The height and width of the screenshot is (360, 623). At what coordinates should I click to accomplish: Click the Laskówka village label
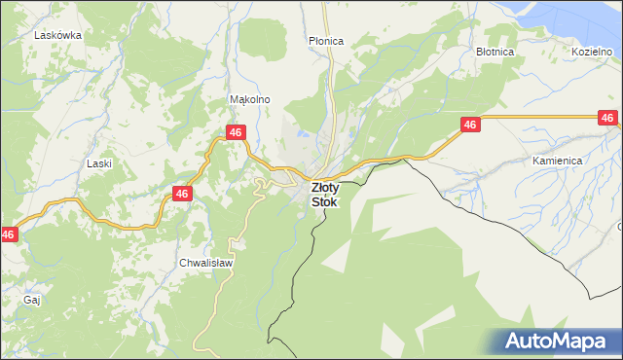(57, 34)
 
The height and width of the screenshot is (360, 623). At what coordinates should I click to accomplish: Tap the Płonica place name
(326, 41)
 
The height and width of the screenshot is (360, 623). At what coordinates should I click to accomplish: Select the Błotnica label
(495, 51)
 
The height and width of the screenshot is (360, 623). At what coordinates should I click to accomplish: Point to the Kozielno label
(593, 51)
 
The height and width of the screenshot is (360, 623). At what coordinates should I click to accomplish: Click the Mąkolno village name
(248, 99)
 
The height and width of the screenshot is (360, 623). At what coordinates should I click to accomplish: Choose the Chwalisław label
(203, 263)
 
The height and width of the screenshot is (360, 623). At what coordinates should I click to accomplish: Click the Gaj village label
(31, 300)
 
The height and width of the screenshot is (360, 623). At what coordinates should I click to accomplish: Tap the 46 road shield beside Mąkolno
(235, 131)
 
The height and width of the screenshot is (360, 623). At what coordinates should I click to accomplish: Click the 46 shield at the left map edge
(8, 234)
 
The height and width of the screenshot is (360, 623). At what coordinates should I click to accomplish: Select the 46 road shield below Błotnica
(470, 125)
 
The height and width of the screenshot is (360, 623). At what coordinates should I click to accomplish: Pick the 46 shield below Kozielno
(607, 118)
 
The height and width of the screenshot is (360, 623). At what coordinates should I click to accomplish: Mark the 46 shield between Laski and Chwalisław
(182, 194)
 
